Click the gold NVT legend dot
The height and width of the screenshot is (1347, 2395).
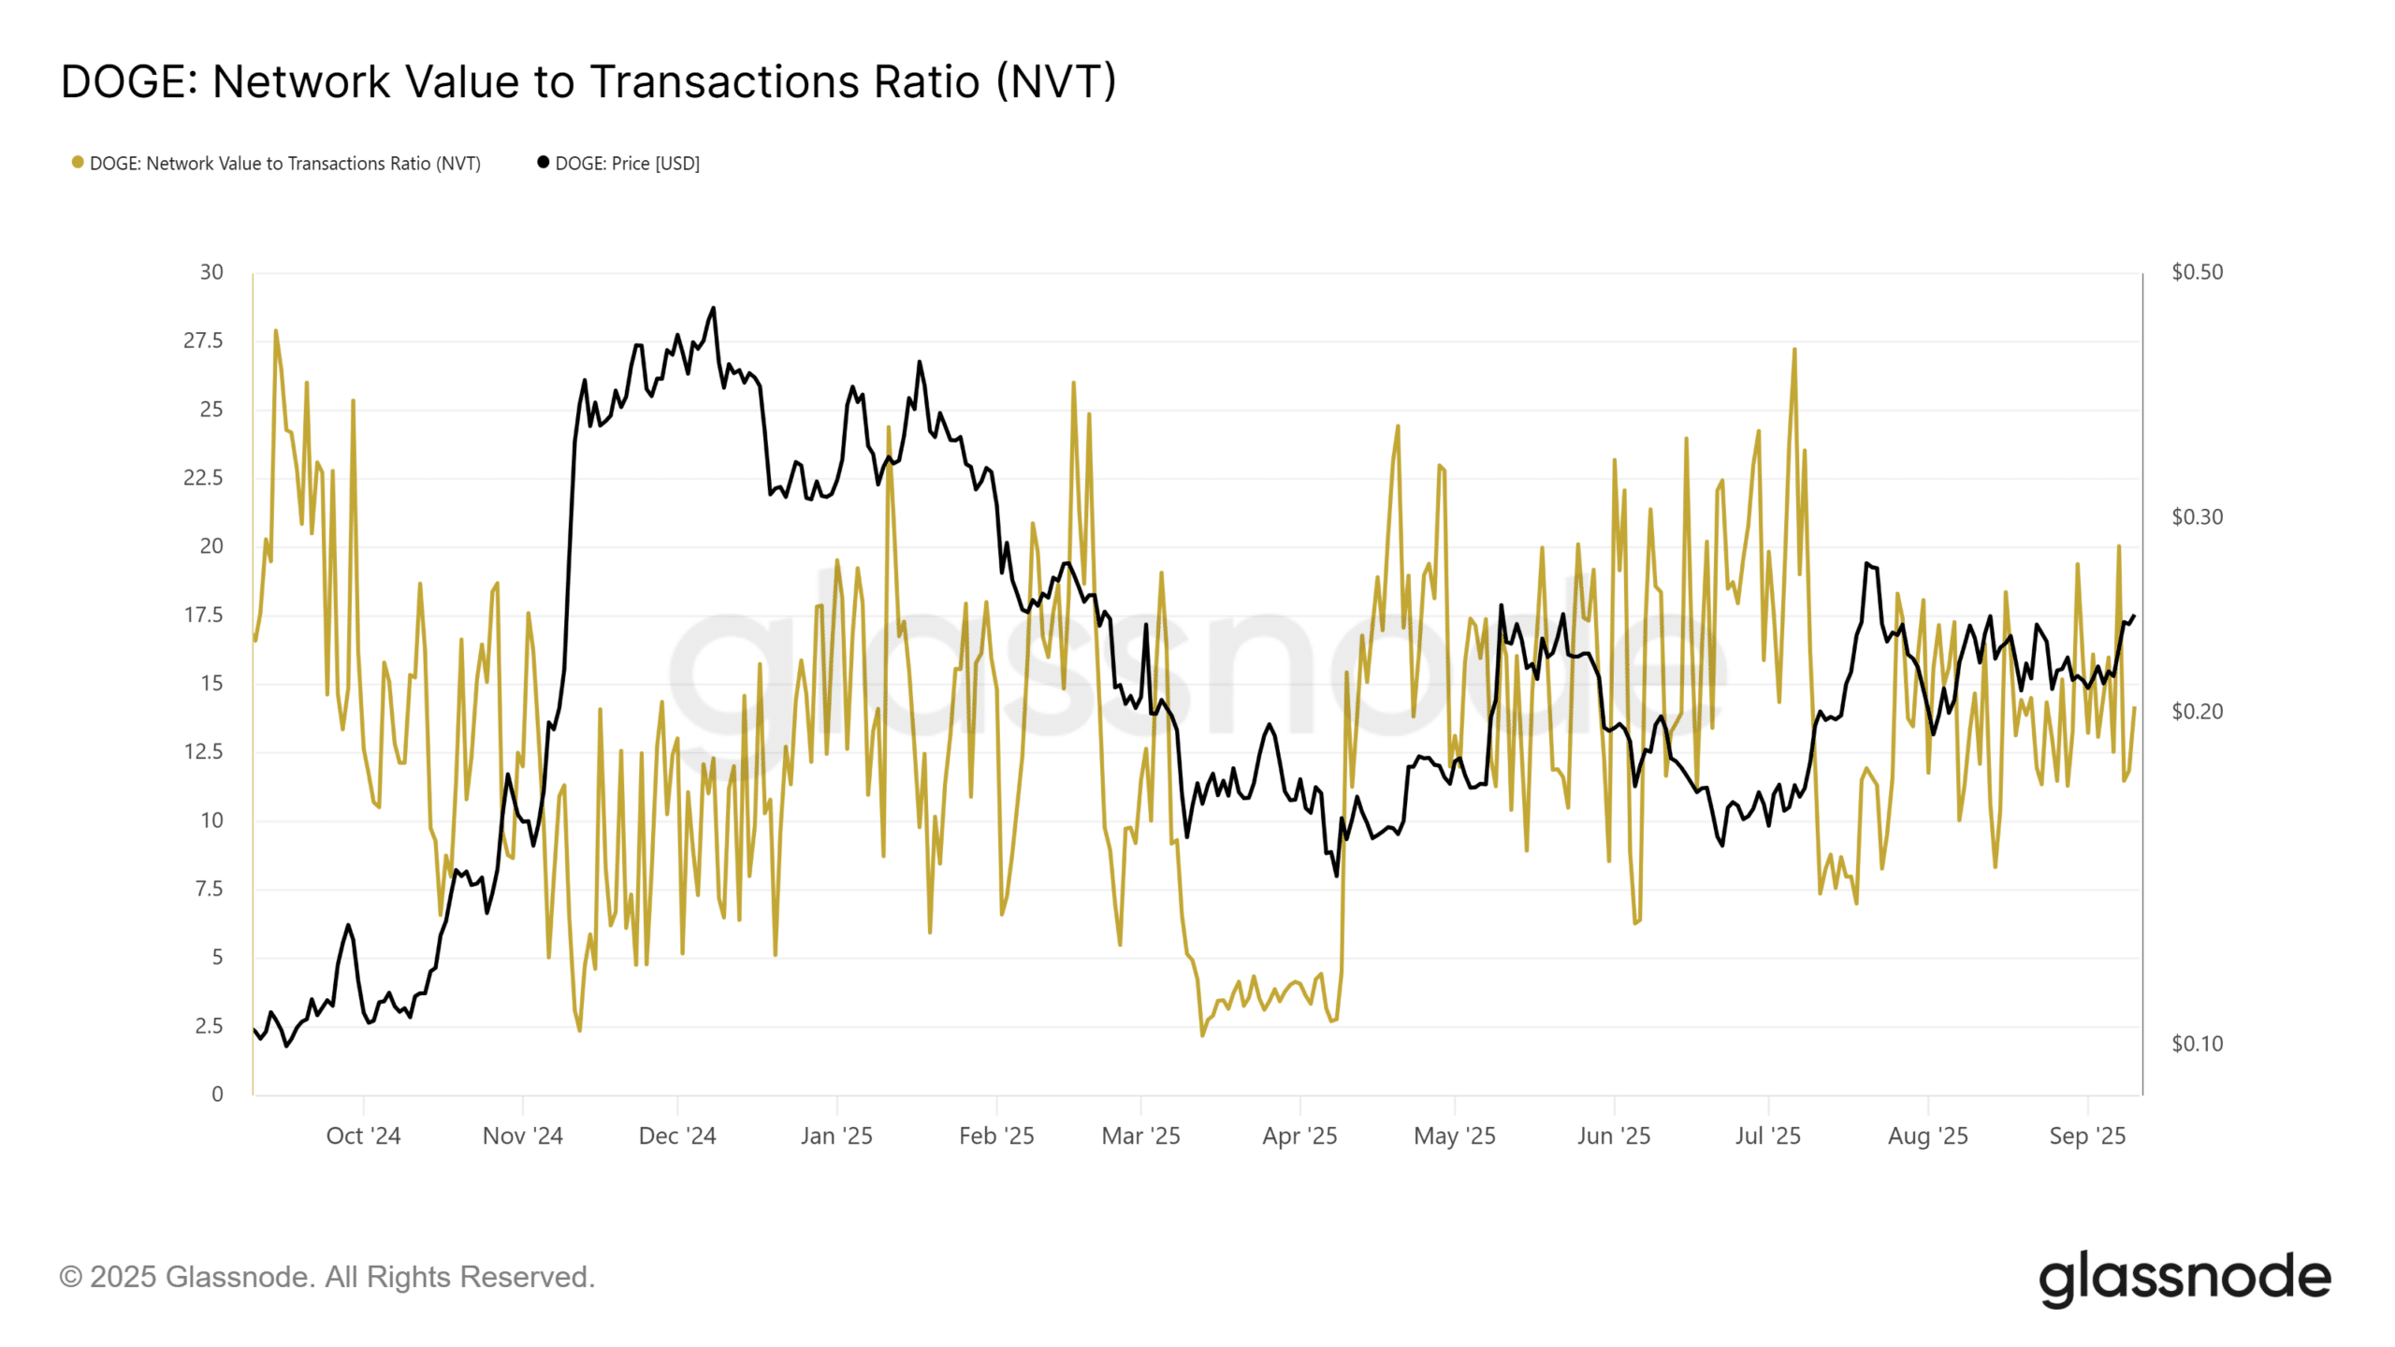[78, 163]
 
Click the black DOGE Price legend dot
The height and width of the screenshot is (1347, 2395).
[543, 163]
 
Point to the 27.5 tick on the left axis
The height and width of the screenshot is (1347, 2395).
[203, 340]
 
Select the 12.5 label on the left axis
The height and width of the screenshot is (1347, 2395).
[203, 752]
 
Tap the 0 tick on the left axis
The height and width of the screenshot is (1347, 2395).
[217, 1094]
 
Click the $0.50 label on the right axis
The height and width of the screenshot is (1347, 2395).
[2197, 272]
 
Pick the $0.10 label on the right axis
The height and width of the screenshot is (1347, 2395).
[2197, 1044]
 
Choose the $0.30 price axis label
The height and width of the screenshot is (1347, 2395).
[2197, 517]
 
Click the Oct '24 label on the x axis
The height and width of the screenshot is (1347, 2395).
[363, 1137]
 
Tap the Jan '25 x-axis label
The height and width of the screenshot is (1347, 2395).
[836, 1137]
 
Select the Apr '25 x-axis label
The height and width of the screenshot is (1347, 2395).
[1299, 1137]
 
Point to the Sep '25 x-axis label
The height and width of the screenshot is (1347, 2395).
[2087, 1137]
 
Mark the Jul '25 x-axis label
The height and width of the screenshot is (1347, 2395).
[1767, 1137]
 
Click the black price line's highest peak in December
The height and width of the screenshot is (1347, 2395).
[714, 308]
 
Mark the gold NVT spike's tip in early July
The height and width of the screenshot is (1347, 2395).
[1794, 350]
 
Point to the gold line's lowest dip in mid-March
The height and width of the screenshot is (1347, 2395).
[1202, 1036]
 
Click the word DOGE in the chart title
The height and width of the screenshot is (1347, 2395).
[123, 82]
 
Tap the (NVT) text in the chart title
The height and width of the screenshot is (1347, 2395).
[1056, 82]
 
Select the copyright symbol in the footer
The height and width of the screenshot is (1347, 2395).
[70, 1278]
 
